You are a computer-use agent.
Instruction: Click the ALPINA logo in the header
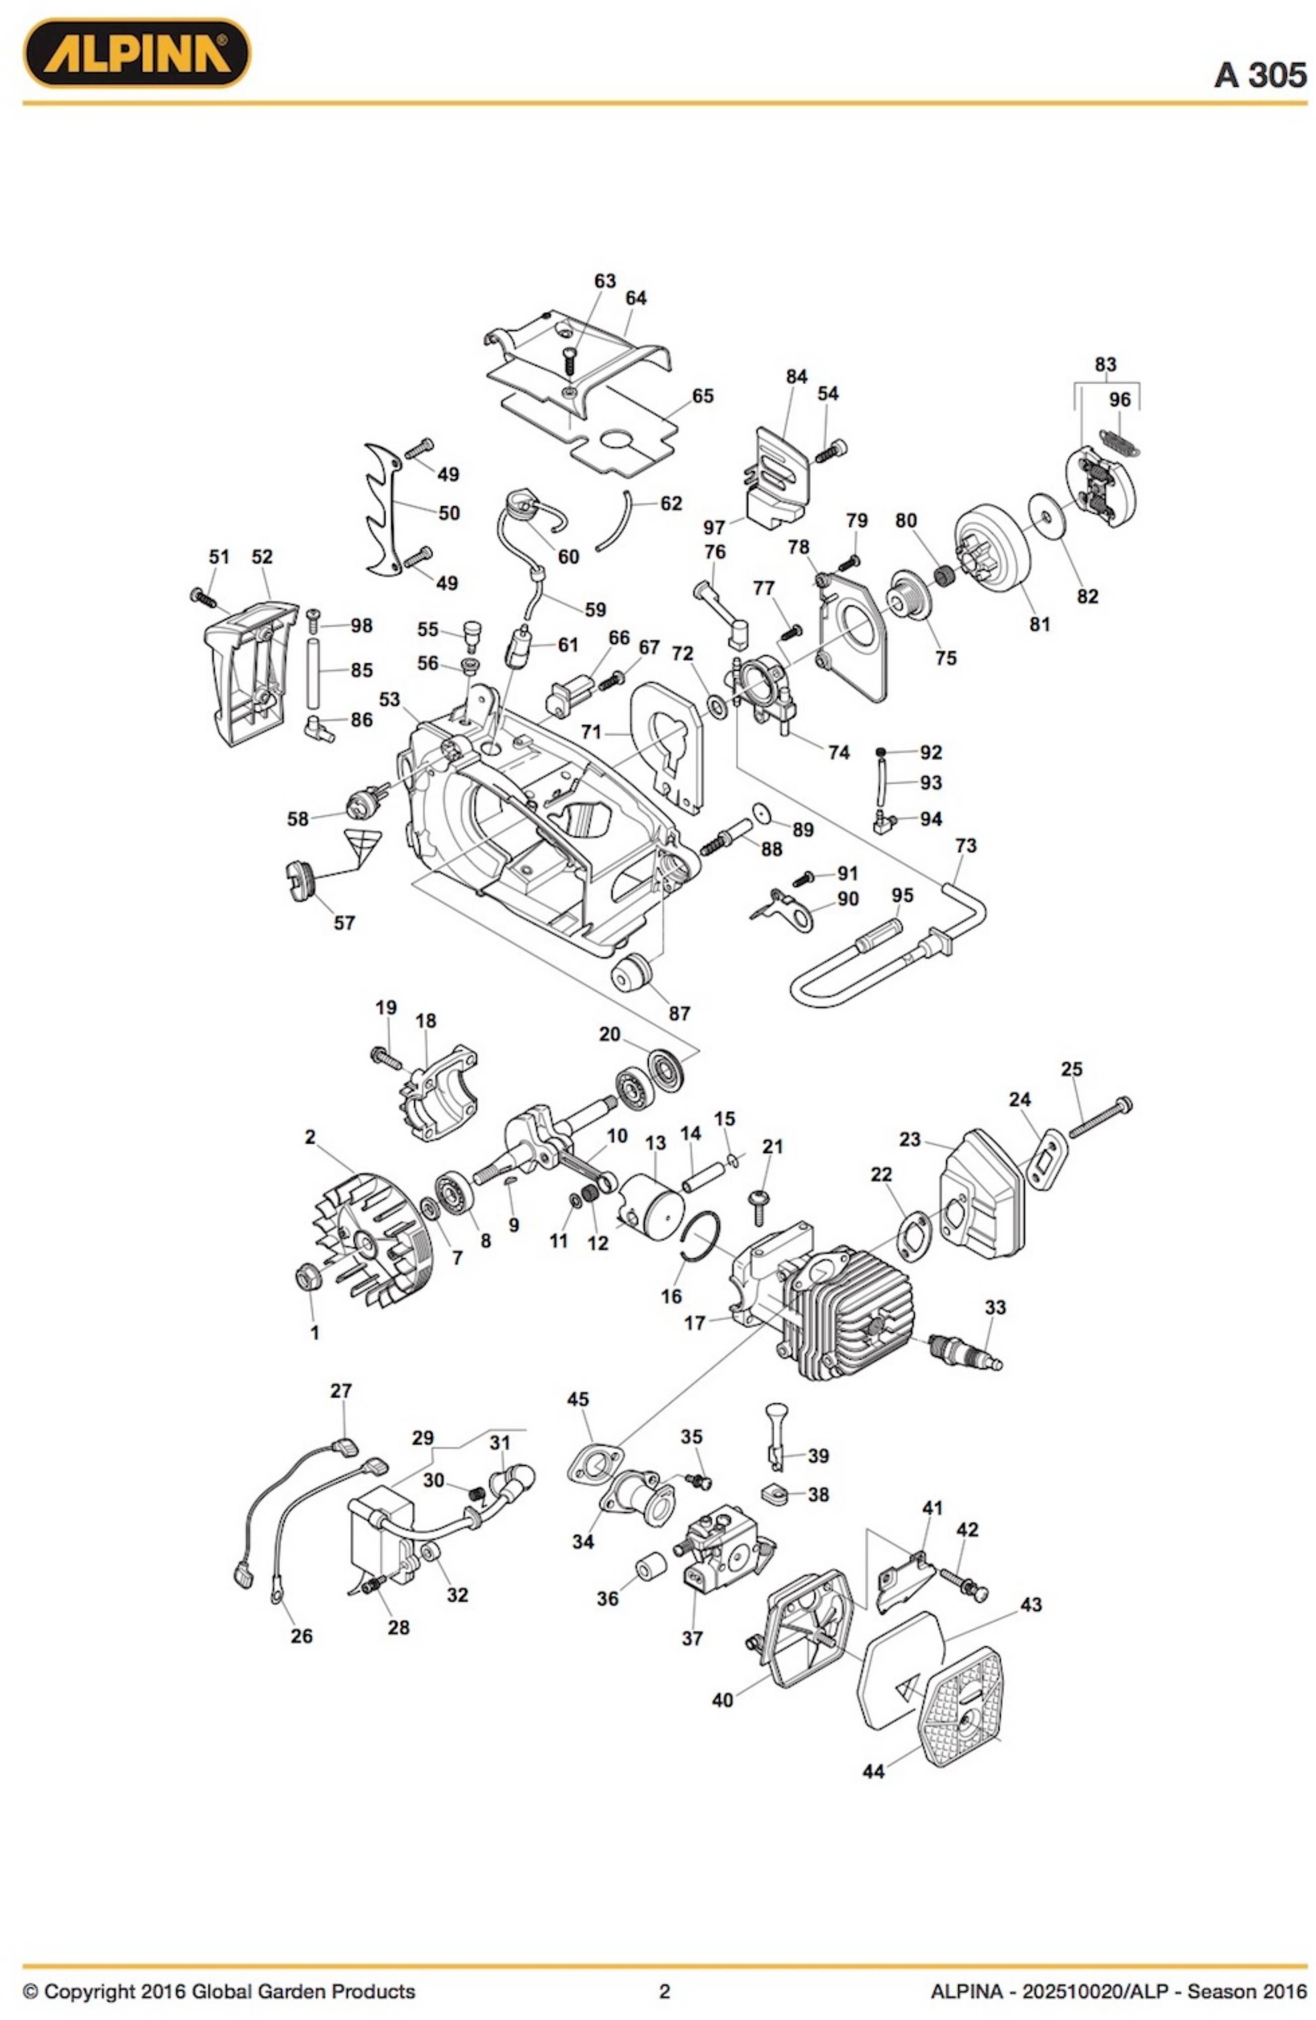click(x=136, y=53)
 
